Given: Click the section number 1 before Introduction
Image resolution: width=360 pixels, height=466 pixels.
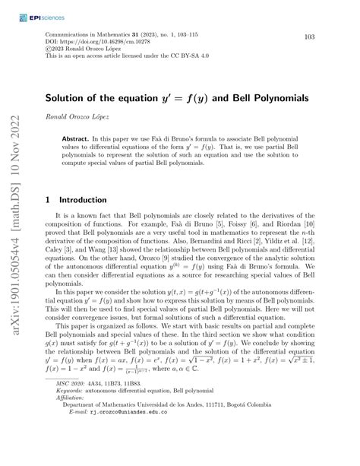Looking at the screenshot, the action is click(x=48, y=200).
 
